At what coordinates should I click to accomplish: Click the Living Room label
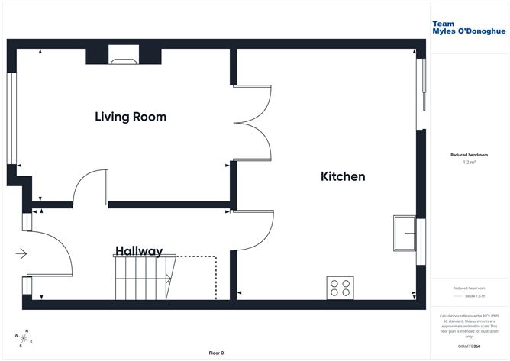131,117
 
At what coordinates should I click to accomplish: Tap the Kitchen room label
342,176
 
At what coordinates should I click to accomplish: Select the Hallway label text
139,250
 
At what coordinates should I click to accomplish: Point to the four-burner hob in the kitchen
340,287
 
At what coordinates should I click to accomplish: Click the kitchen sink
404,233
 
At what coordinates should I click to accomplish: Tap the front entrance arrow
21,253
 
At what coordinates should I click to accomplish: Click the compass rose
22,337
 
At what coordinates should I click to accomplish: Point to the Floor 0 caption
217,353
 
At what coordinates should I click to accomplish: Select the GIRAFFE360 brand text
466,347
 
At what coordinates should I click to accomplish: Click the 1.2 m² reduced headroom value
470,163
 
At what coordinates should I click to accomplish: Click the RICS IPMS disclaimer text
470,325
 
